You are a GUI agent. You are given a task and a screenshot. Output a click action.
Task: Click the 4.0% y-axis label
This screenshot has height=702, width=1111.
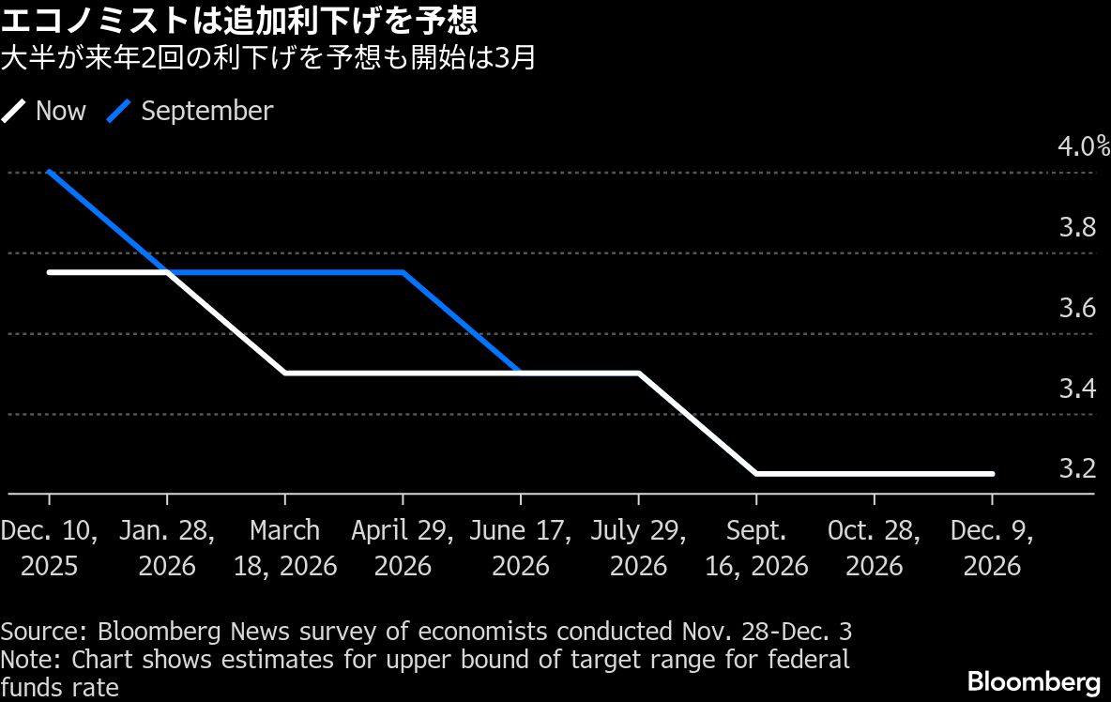click(x=1083, y=147)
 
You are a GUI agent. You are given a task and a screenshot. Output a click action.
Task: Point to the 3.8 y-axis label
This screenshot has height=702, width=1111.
click(x=1077, y=228)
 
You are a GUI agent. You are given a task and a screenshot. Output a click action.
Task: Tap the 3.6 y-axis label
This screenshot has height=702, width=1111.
click(x=1077, y=308)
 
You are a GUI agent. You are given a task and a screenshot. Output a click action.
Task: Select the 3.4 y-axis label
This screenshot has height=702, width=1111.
click(x=1077, y=388)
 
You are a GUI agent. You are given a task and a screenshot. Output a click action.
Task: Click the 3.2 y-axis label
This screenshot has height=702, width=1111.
click(x=1077, y=467)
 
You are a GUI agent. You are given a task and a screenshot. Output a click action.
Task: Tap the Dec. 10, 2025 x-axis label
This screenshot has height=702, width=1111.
click(x=49, y=548)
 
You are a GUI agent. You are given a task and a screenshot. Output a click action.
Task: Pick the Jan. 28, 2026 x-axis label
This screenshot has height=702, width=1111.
click(x=167, y=548)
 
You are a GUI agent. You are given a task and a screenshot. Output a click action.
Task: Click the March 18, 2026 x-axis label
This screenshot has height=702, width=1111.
click(x=285, y=548)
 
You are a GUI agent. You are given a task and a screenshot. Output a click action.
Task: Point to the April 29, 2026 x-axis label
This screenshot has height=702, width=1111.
click(x=403, y=548)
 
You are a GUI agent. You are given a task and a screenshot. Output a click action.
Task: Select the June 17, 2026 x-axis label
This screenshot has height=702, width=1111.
click(x=521, y=548)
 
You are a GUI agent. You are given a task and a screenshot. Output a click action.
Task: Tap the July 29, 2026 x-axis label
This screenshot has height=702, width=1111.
click(x=639, y=548)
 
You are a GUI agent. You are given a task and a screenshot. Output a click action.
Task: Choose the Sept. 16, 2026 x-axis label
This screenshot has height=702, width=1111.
click(x=756, y=548)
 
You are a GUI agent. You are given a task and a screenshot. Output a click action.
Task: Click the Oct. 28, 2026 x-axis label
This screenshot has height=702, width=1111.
click(x=874, y=548)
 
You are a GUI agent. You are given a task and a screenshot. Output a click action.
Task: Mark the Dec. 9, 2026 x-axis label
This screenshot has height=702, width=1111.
click(x=992, y=548)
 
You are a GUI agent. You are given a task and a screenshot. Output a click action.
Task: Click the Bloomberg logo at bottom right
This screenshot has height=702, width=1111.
click(x=1033, y=680)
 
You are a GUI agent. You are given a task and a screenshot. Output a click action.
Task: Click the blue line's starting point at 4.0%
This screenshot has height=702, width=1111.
click(x=49, y=173)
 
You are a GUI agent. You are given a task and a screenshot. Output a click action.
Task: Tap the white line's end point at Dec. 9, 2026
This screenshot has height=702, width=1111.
click(x=992, y=474)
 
